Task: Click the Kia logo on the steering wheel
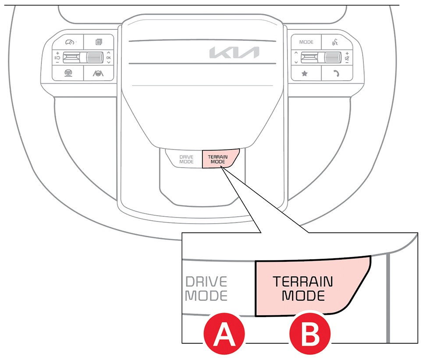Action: (x=234, y=53)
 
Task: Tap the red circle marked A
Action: (x=223, y=336)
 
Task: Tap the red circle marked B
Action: (x=310, y=336)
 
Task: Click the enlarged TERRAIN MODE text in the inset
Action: (x=303, y=288)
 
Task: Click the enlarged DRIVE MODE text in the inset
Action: (x=206, y=288)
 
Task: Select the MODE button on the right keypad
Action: (x=306, y=42)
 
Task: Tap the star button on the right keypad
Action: (x=304, y=74)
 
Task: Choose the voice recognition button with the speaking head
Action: (x=336, y=42)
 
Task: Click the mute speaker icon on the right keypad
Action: (x=347, y=58)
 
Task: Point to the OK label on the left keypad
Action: (x=108, y=58)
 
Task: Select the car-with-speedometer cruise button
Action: (x=68, y=42)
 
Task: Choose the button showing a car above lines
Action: (x=68, y=73)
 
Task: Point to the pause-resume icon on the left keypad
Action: (x=57, y=58)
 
